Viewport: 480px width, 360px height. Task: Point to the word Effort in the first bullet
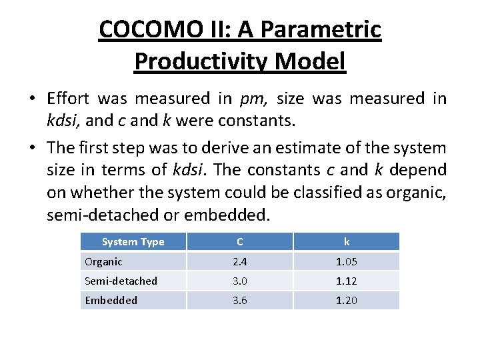coord(69,99)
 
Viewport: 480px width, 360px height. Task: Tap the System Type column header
coord(133,241)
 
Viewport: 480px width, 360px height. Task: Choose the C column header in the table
coord(239,241)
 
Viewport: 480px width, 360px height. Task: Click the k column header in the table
coord(346,241)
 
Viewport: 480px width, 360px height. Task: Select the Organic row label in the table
coord(103,261)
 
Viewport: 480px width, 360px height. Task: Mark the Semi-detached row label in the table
coord(121,281)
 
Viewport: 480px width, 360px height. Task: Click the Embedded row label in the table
coord(111,300)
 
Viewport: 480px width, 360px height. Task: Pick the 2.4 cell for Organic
coord(239,261)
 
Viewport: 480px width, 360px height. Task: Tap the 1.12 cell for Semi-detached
coord(346,281)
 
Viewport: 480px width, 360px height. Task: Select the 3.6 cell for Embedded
coord(239,300)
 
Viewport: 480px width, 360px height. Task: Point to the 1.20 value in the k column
coord(346,300)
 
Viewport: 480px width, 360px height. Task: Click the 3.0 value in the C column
coord(239,281)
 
